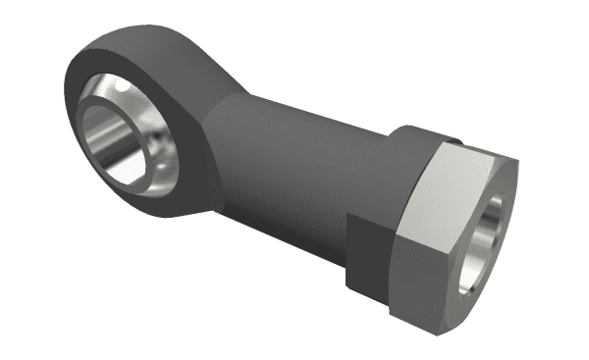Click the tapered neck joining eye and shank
pyautogui.click(x=231, y=137)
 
